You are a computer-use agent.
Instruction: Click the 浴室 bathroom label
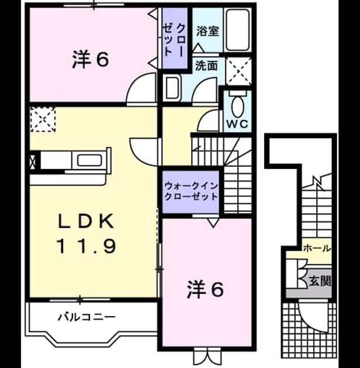tap(207, 31)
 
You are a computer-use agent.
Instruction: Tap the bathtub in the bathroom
tap(238, 30)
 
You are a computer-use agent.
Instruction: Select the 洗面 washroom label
tap(206, 66)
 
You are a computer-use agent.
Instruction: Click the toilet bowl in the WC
tap(237, 107)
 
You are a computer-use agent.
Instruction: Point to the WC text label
tap(237, 124)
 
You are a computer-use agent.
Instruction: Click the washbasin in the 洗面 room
tap(172, 88)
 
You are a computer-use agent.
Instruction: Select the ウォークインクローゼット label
tap(191, 191)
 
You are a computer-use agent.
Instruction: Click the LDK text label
tap(86, 221)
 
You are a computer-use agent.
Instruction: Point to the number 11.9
tap(86, 246)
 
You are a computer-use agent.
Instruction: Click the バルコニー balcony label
tap(86, 317)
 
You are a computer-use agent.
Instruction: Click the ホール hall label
tap(317, 248)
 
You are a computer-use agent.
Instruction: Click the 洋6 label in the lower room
tap(205, 290)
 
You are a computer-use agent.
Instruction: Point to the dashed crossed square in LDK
tap(43, 119)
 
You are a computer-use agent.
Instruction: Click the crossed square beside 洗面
tap(238, 71)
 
